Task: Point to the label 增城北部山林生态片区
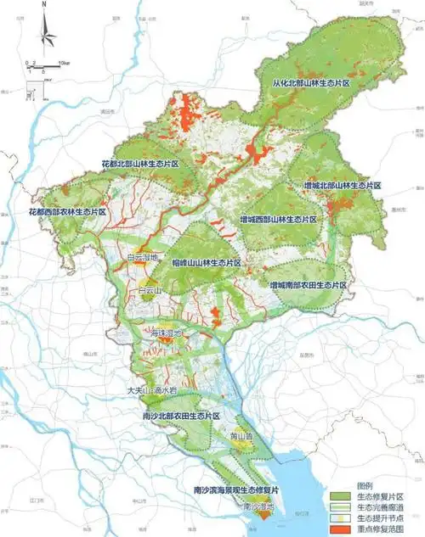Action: (343, 185)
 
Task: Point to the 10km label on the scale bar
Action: (64, 63)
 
